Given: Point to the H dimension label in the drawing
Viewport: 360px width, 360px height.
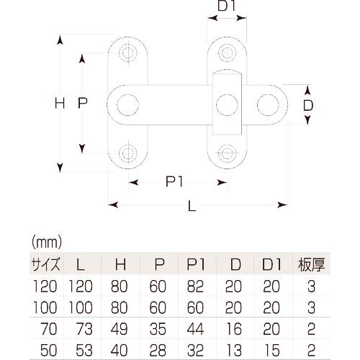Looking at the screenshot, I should tap(60, 104).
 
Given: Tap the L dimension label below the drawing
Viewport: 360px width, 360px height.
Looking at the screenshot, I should tap(192, 206).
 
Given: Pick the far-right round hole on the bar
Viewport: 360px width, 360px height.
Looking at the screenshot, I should tap(269, 104).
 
